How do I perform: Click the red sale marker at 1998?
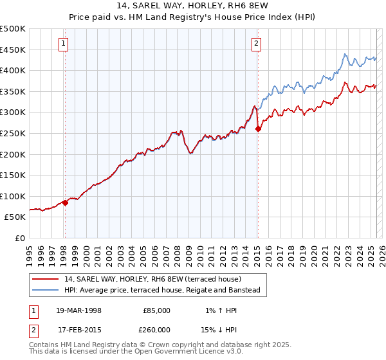(x=65, y=203)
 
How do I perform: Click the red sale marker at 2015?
(x=258, y=129)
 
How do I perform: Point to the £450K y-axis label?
(x=13, y=50)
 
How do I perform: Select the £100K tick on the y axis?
(x=13, y=196)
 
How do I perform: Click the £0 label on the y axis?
(x=19, y=238)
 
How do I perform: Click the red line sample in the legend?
(x=46, y=279)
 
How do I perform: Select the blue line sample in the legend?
(x=46, y=291)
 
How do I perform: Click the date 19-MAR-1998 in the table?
(x=78, y=310)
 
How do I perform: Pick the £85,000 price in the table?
(x=156, y=310)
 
